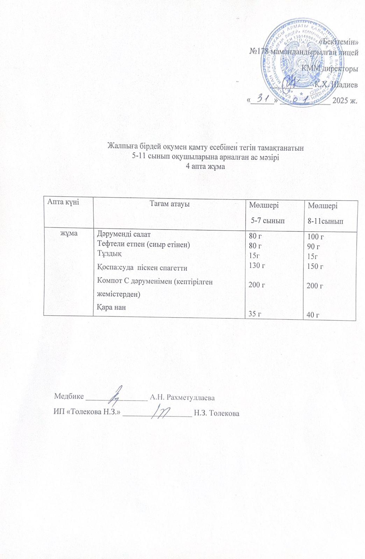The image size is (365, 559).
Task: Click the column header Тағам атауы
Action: [x=170, y=204]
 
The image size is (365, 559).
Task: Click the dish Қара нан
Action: [x=111, y=307]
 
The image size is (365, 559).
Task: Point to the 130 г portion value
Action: [x=257, y=266]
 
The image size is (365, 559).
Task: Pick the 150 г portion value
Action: [x=315, y=266]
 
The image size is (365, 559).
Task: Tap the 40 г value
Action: [x=313, y=315]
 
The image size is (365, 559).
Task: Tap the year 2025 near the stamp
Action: [x=341, y=101]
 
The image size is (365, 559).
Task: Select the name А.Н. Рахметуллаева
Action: [x=182, y=398]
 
